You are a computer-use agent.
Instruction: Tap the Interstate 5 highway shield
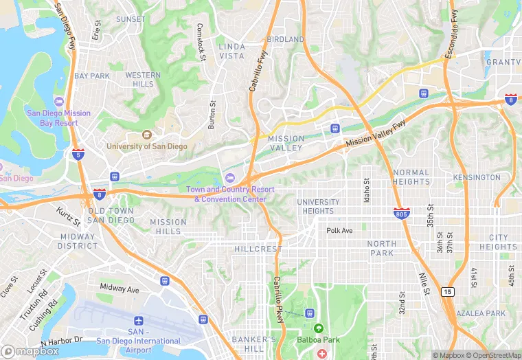coord(78,155)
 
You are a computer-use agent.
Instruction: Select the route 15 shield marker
coord(448,292)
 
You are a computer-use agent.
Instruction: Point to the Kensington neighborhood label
coord(477,177)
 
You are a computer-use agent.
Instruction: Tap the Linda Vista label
coord(231,51)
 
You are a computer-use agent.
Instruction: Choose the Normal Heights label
coord(411,177)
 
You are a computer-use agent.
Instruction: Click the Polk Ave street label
coord(339,231)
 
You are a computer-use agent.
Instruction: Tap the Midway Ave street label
coord(120,288)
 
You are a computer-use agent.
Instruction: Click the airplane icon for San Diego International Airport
coord(139,321)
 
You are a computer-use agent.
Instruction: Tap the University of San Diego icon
coord(146,135)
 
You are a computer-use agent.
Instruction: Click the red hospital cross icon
coord(322,353)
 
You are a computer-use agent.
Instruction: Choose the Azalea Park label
coord(486,313)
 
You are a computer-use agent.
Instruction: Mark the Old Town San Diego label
coord(111,215)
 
